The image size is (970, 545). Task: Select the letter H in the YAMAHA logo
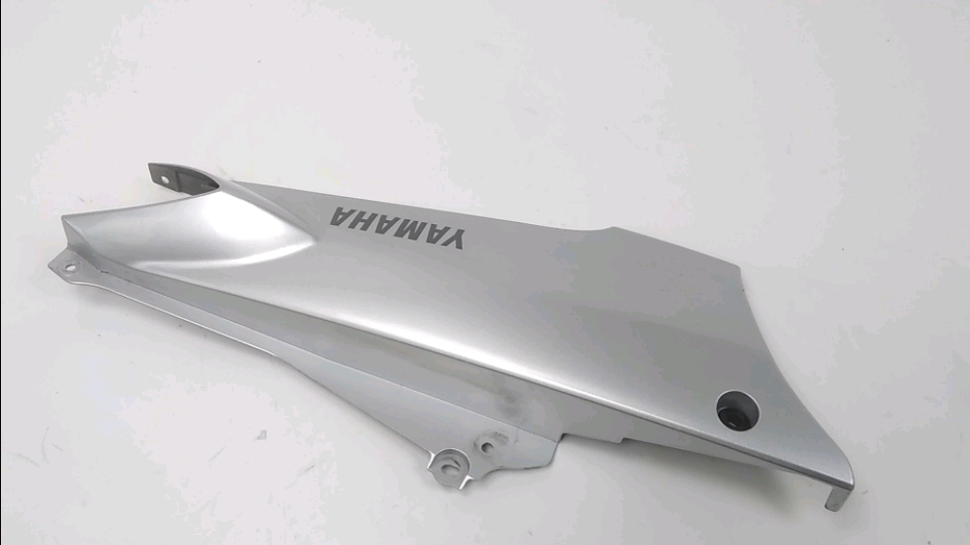point(361,220)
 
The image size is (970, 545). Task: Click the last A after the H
point(340,216)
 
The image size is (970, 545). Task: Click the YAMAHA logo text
point(396,228)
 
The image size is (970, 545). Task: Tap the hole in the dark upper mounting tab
point(165,180)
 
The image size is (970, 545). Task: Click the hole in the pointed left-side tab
point(69,268)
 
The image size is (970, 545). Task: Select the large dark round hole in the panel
point(737,409)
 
